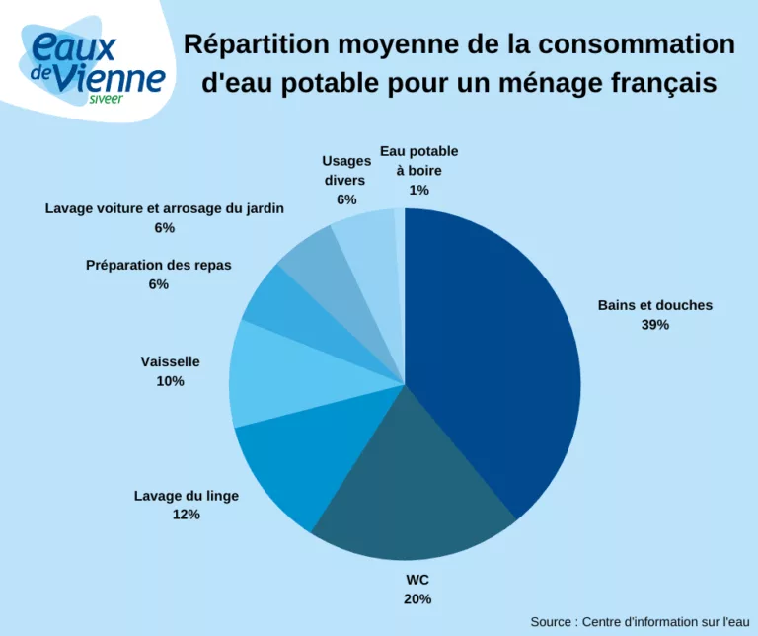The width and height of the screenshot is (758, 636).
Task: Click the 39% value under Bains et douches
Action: [654, 325]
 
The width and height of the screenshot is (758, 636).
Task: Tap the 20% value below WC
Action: [417, 598]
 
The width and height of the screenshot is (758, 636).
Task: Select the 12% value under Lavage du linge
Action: [186, 515]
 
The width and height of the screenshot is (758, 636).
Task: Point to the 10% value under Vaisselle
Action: [170, 381]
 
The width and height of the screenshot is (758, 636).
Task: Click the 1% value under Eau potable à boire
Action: [418, 190]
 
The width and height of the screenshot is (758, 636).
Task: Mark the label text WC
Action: [417, 580]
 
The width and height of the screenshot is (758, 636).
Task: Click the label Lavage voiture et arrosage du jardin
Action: [164, 208]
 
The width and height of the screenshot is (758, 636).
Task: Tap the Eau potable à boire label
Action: [418, 161]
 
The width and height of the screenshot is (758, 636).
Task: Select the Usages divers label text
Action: [345, 171]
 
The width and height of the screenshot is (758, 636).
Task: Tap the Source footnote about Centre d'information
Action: [640, 621]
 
